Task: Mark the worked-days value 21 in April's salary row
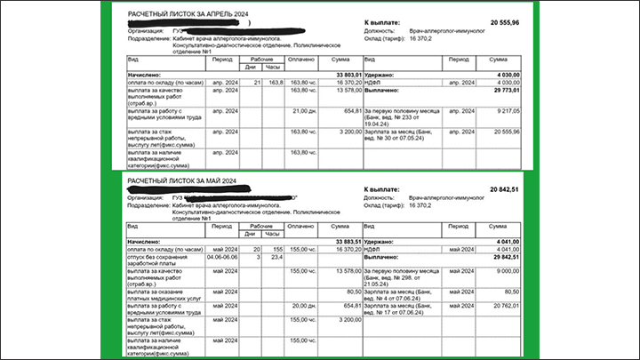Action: pyautogui.click(x=257, y=82)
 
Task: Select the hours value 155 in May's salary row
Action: pyautogui.click(x=277, y=251)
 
